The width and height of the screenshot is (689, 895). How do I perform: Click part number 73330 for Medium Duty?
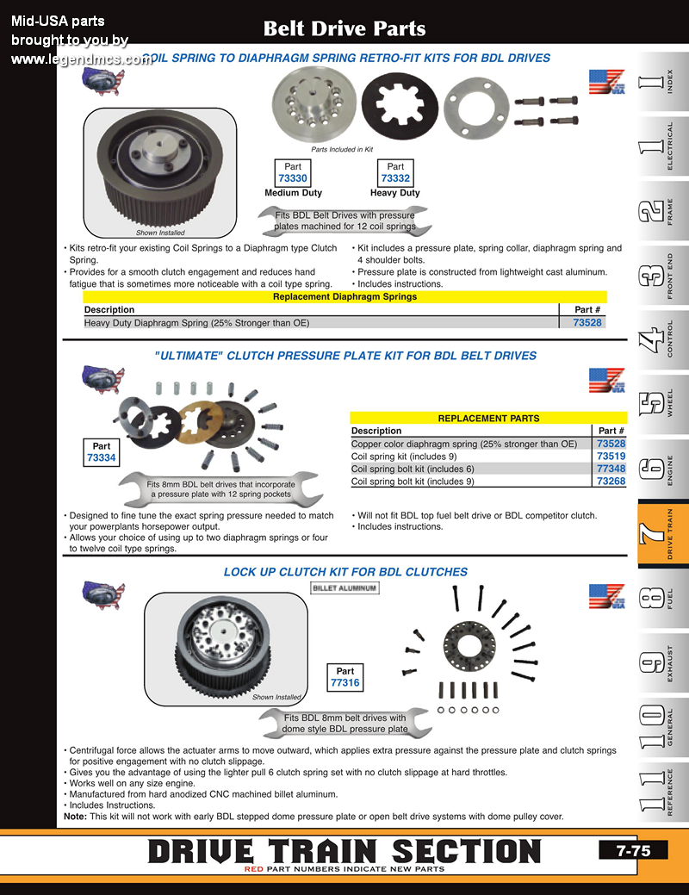tap(293, 178)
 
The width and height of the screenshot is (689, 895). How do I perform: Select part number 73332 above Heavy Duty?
tap(395, 178)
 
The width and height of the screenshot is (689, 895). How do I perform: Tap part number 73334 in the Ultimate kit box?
tap(102, 458)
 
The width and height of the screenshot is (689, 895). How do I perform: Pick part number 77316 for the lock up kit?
tap(344, 683)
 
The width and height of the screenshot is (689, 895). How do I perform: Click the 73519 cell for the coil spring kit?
tap(611, 457)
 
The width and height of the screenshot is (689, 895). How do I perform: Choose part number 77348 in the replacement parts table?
tap(611, 469)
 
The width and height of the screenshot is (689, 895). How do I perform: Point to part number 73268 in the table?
tap(611, 482)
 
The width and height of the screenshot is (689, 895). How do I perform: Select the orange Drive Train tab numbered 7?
tap(662, 534)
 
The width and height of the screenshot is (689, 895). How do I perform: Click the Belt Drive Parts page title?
tap(344, 28)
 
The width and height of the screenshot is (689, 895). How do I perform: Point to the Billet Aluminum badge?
tap(344, 587)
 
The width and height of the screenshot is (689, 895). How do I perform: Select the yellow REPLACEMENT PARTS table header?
tap(488, 418)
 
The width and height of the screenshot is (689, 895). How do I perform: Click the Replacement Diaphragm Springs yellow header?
tap(344, 296)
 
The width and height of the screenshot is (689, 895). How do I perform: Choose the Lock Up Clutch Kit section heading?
tap(345, 571)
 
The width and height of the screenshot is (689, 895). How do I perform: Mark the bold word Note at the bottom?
tap(75, 817)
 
